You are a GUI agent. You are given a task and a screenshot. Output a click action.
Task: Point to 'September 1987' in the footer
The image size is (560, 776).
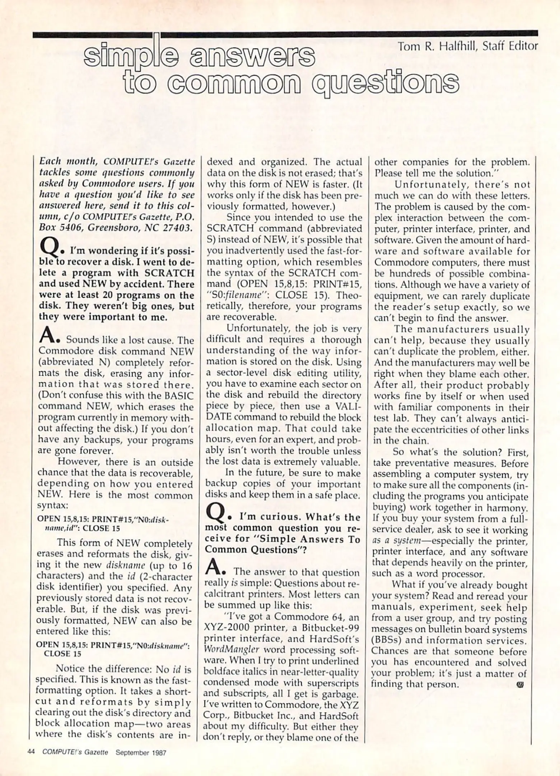[x=141, y=753]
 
